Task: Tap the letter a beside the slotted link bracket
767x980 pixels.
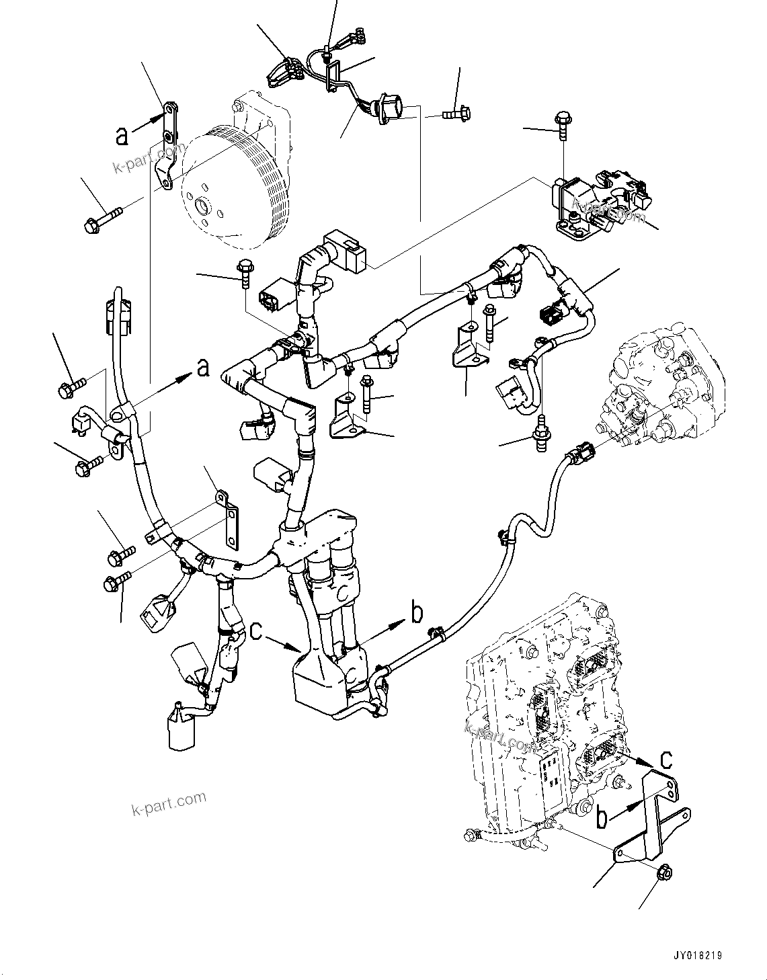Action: pos(122,136)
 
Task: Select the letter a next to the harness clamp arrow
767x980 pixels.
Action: pos(202,368)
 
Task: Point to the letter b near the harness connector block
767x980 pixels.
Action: pos(417,612)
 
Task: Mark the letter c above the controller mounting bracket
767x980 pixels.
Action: pos(665,759)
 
